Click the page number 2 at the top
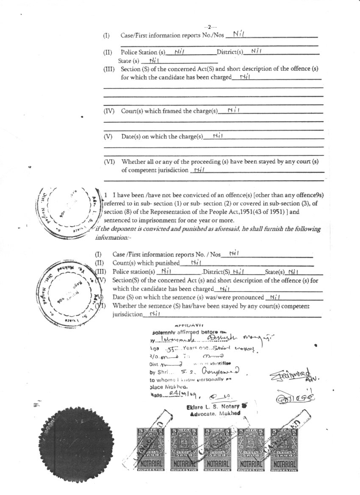pyautogui.click(x=209, y=27)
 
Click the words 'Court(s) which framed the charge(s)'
pyautogui.click(x=169, y=111)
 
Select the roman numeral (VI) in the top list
pyautogui.click(x=109, y=162)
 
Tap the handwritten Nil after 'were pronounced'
pyautogui.click(x=275, y=297)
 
